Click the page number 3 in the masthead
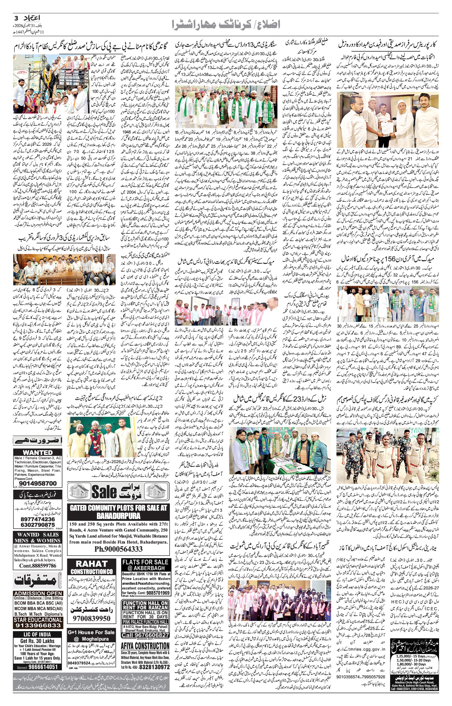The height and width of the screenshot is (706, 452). [16, 18]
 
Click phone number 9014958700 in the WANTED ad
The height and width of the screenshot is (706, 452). [38, 483]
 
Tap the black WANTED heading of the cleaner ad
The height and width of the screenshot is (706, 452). [38, 453]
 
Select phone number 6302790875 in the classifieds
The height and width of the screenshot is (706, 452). [38, 524]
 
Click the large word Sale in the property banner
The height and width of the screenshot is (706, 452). [105, 492]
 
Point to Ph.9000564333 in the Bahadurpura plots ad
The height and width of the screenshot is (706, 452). [119, 549]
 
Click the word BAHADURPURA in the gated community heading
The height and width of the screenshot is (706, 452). [119, 515]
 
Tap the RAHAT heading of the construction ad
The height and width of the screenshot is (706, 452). [92, 564]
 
